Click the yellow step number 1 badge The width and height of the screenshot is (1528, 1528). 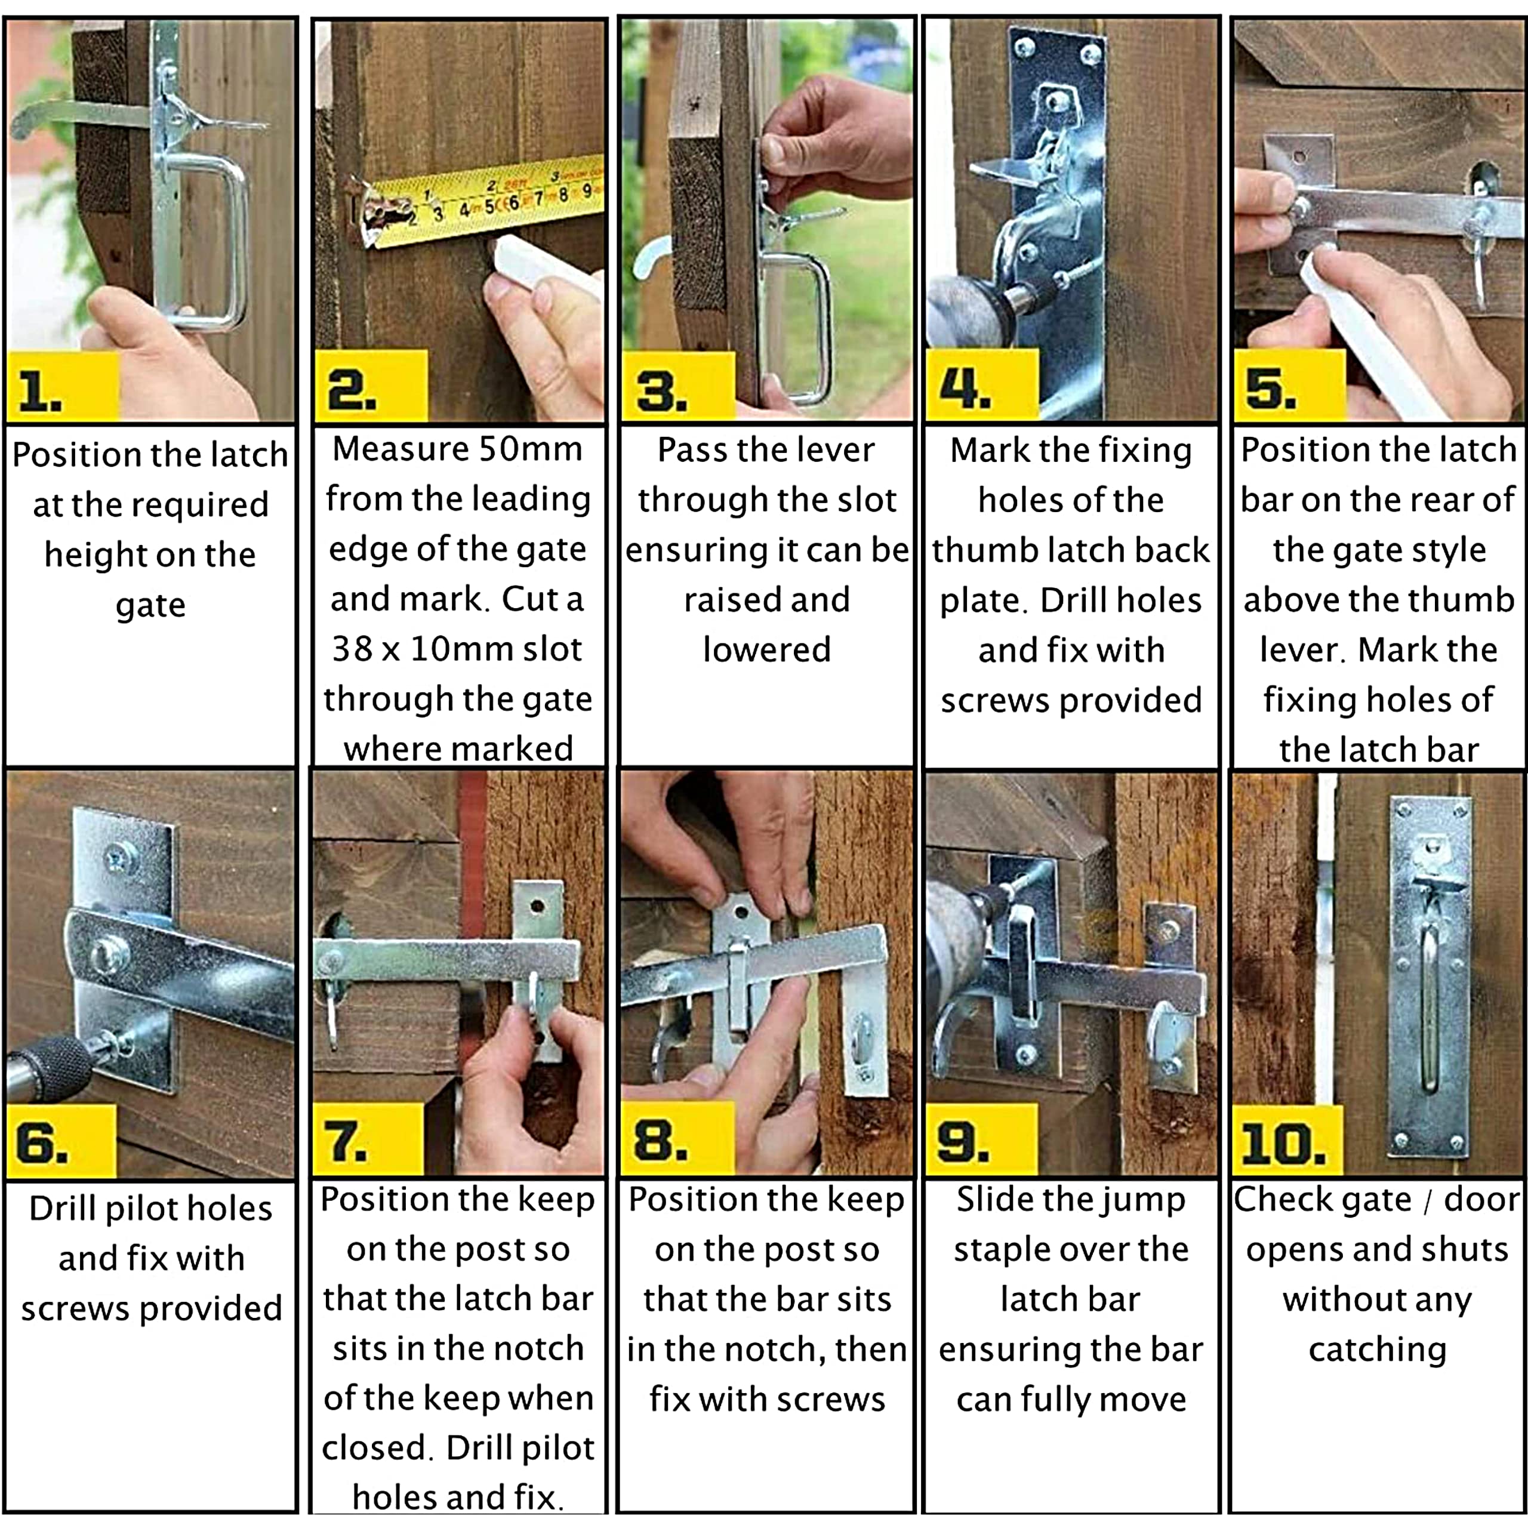(63, 387)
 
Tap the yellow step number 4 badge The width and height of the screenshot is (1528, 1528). (981, 384)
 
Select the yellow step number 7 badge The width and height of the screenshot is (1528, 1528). (368, 1139)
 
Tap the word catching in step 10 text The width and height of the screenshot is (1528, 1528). (1377, 1350)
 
